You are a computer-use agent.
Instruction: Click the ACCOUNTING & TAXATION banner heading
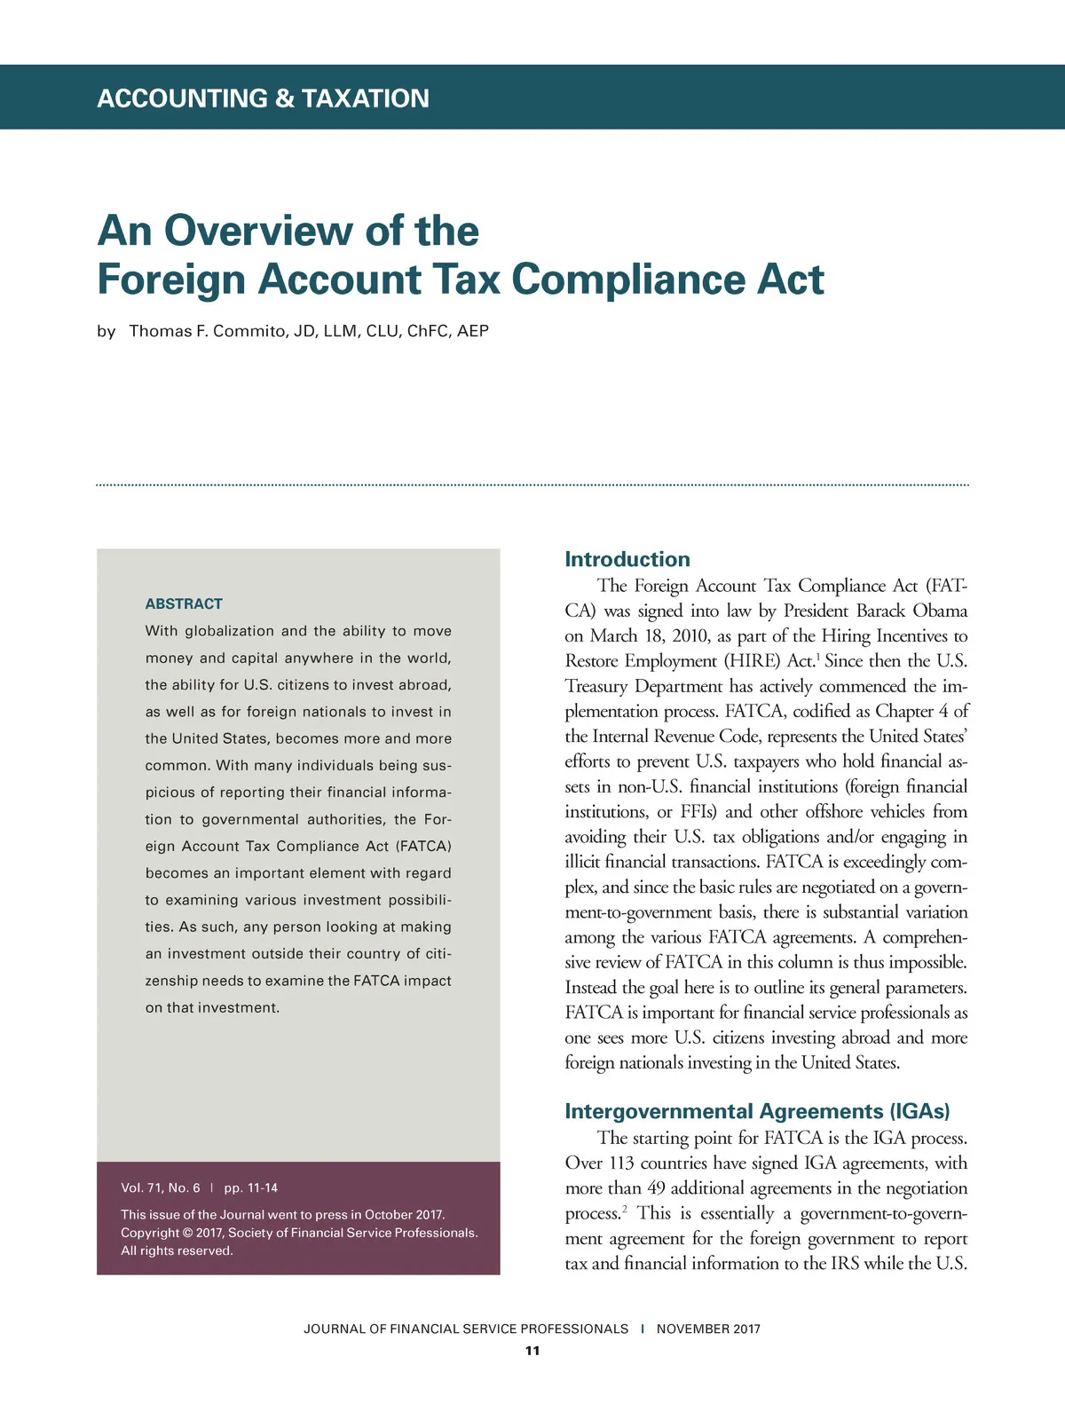[x=263, y=98]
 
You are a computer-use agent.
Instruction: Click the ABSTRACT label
[x=184, y=603]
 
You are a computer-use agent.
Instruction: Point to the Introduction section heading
[x=627, y=559]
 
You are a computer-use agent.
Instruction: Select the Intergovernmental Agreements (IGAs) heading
[x=757, y=1111]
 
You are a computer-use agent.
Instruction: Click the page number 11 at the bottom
[x=532, y=1351]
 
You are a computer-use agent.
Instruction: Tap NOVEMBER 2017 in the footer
[x=708, y=1329]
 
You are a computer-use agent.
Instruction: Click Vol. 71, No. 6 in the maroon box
[x=161, y=1187]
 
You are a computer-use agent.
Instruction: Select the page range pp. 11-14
[x=251, y=1187]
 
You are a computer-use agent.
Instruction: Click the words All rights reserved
[x=177, y=1250]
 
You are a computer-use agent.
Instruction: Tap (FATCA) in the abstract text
[x=423, y=847]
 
